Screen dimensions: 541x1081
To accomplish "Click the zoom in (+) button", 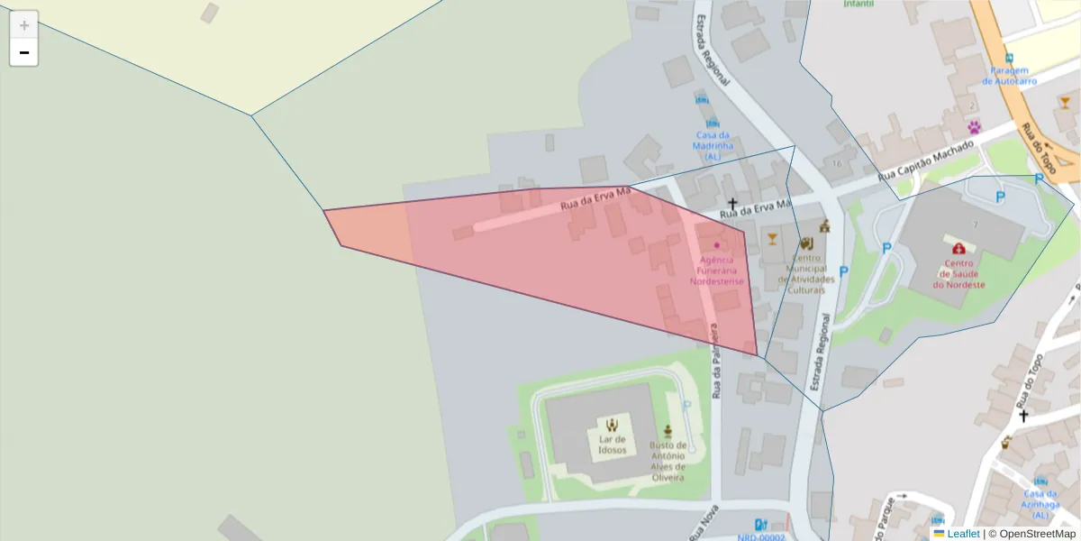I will pos(24,25).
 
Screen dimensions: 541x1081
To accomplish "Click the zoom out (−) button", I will pos(24,52).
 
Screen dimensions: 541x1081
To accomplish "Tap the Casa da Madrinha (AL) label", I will pos(713,145).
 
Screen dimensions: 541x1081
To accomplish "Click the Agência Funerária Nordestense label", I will pos(717,270).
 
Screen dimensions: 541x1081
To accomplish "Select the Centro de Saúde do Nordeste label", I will pos(958,274).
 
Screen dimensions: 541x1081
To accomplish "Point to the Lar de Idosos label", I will pos(612,445).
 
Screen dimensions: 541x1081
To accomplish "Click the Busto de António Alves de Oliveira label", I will pos(668,461).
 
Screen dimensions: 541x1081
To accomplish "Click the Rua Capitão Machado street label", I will pos(926,160).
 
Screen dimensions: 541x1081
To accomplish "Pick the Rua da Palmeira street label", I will pos(718,361).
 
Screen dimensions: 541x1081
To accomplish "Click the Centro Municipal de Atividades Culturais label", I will pos(806,274).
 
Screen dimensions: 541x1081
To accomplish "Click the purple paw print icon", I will pos(974,127).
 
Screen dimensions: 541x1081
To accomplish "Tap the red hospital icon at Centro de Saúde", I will pos(958,248).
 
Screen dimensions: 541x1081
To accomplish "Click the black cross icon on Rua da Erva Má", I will pos(732,205).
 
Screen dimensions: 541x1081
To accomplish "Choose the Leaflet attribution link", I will pos(962,534).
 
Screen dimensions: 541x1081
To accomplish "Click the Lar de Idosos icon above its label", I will pos(612,424).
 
